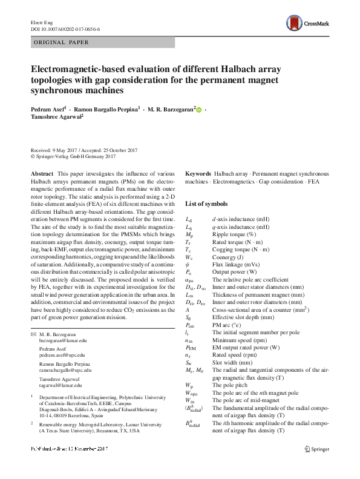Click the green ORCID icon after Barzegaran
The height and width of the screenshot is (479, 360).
pos(199,110)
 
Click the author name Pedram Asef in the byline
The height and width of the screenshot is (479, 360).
pos(48,110)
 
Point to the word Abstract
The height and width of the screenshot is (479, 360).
pos(41,173)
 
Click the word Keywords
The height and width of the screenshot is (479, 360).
pos(198,173)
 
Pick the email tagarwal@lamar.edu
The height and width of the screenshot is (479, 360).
pos(59,383)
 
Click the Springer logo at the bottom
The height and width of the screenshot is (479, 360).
pos(318,466)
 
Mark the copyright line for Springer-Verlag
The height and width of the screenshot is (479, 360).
pos(73,156)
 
